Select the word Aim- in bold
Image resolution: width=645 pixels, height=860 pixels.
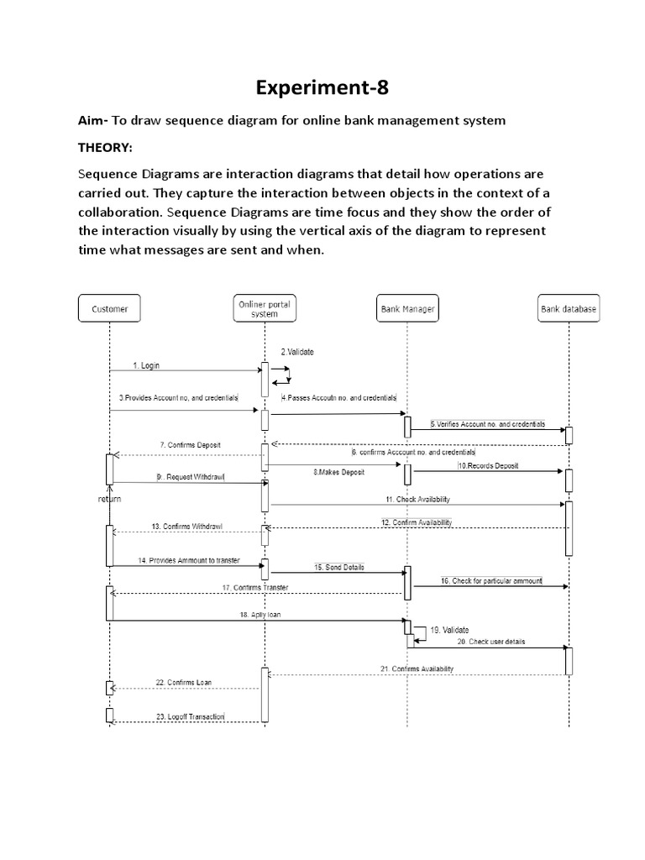93,121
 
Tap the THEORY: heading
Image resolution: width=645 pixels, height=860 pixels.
105,148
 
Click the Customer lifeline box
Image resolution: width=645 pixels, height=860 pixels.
109,309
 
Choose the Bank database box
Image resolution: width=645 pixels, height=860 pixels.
569,309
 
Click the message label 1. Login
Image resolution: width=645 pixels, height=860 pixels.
146,365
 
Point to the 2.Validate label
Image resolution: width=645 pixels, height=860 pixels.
296,352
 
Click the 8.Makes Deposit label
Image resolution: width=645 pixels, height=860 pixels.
338,472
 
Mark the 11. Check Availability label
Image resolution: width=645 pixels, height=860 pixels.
417,499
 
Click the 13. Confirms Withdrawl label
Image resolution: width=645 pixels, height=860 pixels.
187,527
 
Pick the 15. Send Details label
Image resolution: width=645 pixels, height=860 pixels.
339,567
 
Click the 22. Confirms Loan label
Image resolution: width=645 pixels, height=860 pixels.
183,682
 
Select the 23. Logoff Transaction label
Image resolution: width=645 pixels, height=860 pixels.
190,716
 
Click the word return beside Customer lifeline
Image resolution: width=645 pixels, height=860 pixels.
109,498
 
